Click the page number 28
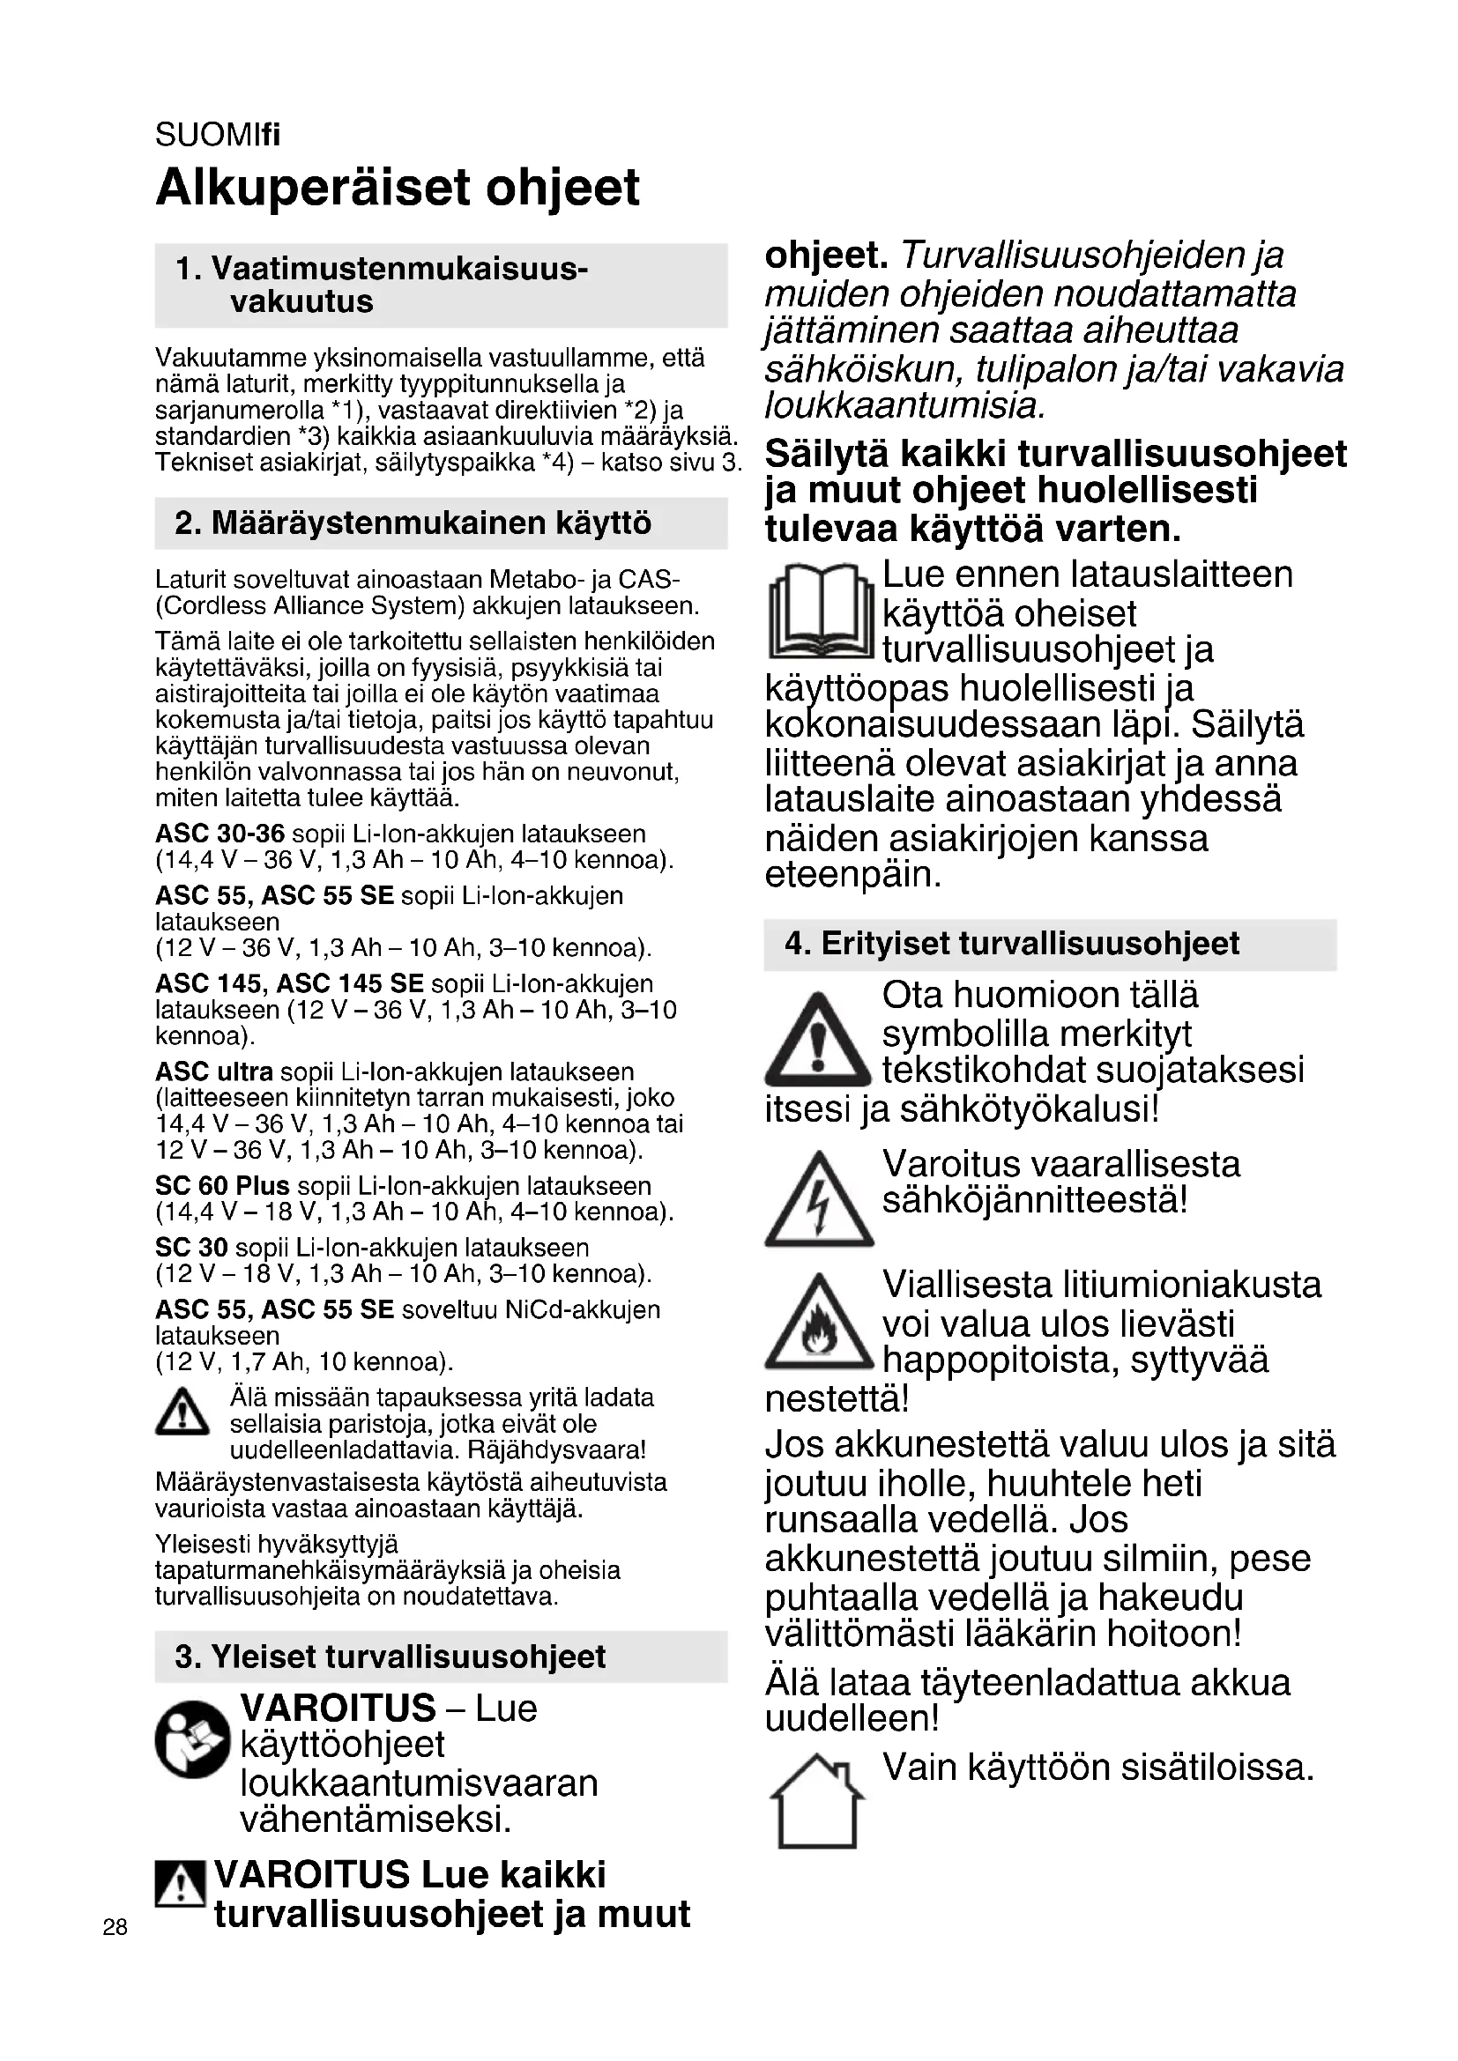[x=115, y=1927]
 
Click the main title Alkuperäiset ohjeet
[x=397, y=188]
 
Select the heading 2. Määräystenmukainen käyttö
[x=413, y=523]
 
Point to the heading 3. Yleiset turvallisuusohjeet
[x=391, y=1657]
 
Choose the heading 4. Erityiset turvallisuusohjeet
[x=1012, y=945]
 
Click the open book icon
[x=821, y=612]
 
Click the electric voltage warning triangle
[x=818, y=1200]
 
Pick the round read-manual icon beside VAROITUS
[x=192, y=1740]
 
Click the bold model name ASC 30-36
[x=220, y=834]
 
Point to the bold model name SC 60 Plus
[x=222, y=1186]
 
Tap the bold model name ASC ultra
[x=213, y=1071]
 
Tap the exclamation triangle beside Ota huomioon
[x=818, y=1039]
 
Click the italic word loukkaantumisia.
[x=905, y=406]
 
